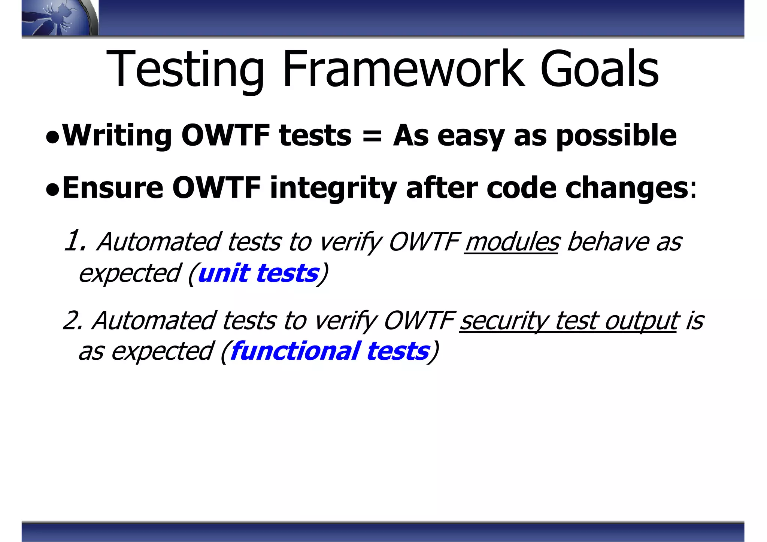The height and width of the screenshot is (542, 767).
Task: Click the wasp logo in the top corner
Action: [x=56, y=18]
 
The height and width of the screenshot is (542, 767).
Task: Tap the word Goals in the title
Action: [x=599, y=69]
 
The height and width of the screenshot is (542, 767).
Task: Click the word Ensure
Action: [x=113, y=188]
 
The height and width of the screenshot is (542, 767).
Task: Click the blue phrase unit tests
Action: [x=258, y=273]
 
